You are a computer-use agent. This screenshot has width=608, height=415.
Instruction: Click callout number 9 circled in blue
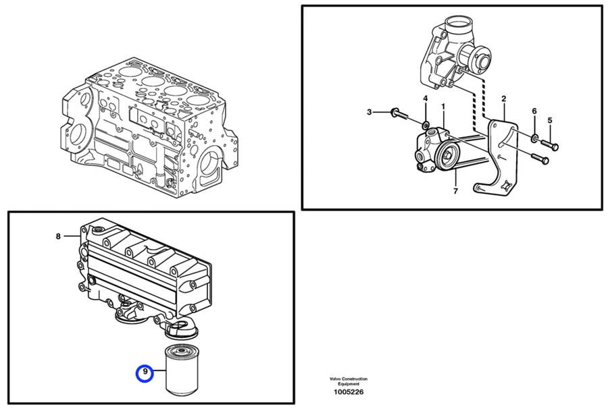[x=145, y=372]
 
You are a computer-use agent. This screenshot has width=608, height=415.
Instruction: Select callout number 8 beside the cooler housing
[x=58, y=236]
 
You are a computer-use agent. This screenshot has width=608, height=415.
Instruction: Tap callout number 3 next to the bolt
[x=370, y=111]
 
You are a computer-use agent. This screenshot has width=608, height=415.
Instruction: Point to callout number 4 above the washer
[x=426, y=99]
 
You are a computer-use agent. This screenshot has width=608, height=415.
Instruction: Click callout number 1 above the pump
[x=443, y=107]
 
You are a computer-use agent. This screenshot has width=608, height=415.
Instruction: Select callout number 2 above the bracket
[x=503, y=99]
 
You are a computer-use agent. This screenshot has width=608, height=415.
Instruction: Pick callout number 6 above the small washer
[x=534, y=111]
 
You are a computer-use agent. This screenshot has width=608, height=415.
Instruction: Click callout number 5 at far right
[x=550, y=120]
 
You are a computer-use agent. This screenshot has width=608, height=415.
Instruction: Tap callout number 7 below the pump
[x=455, y=191]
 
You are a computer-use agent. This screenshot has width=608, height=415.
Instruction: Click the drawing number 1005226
[x=349, y=391]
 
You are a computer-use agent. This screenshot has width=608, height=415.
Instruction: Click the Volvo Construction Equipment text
[x=349, y=381]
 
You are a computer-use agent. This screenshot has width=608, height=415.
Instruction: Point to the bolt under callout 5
[x=550, y=144]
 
